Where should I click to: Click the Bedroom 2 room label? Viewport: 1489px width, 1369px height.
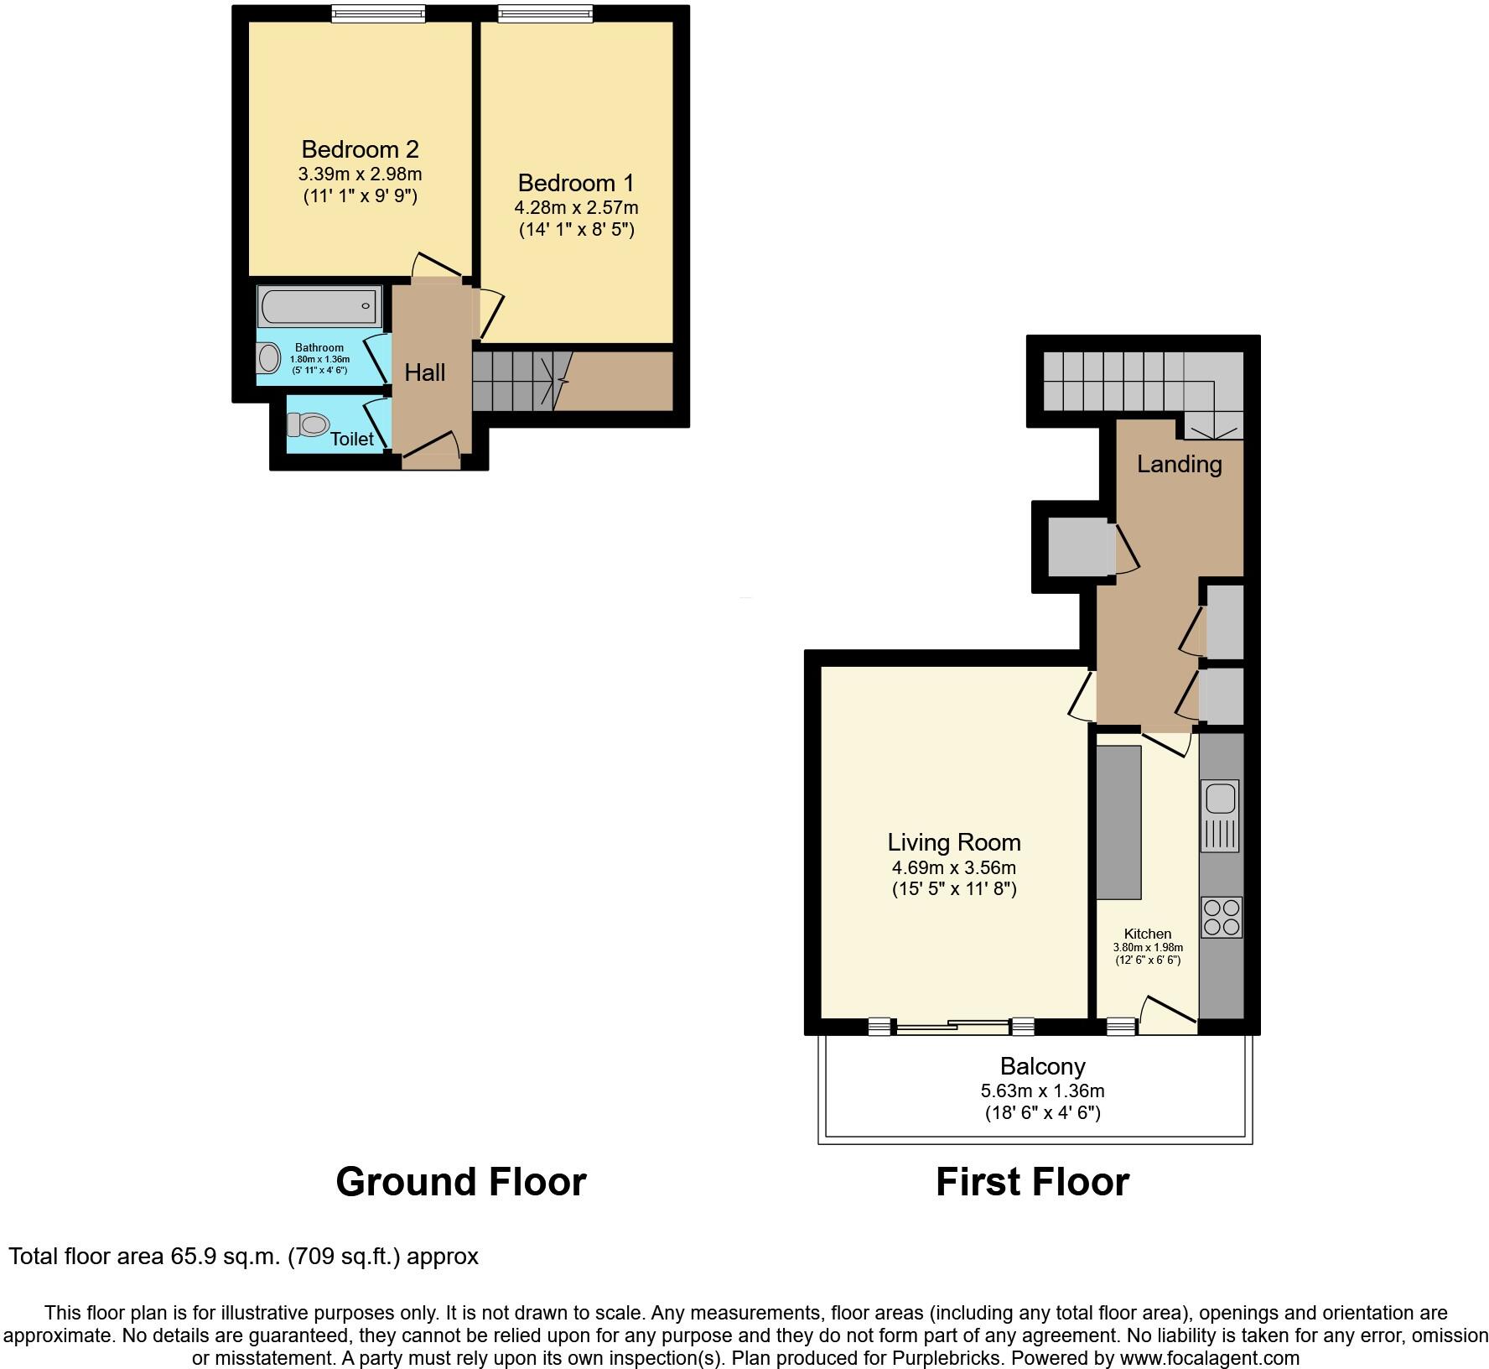pyautogui.click(x=360, y=149)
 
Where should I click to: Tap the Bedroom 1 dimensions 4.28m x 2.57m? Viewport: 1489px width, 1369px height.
pyautogui.click(x=576, y=207)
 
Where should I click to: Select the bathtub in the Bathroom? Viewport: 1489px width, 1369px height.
pyautogui.click(x=319, y=306)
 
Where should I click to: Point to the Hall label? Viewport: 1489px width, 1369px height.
pyautogui.click(x=425, y=372)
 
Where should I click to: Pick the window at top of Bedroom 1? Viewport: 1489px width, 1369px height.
pyautogui.click(x=546, y=14)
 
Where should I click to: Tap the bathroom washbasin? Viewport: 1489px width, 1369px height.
pyautogui.click(x=269, y=359)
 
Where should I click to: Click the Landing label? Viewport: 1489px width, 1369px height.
pyautogui.click(x=1179, y=464)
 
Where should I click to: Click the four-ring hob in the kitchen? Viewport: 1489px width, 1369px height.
pyautogui.click(x=1222, y=917)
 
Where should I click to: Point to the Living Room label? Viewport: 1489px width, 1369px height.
pyautogui.click(x=954, y=842)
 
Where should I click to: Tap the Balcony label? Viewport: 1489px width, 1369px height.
pyautogui.click(x=1042, y=1066)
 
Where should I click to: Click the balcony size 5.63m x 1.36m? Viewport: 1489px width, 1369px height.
pyautogui.click(x=1042, y=1091)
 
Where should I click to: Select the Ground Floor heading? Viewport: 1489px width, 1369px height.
pyautogui.click(x=460, y=1182)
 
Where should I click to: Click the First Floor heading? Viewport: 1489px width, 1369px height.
pyautogui.click(x=1032, y=1182)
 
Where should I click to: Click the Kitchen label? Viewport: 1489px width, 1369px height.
pyautogui.click(x=1147, y=934)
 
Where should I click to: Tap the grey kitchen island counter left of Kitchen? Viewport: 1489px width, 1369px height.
pyautogui.click(x=1118, y=822)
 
